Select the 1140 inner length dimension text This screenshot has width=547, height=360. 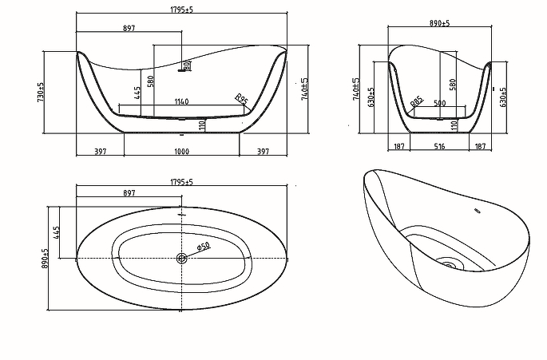pos(181,101)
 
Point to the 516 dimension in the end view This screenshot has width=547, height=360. pos(439,147)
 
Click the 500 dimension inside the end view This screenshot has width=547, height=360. pos(439,103)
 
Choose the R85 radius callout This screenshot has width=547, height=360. pos(416,101)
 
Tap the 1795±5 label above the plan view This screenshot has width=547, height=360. pos(182,183)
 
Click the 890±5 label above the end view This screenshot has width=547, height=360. pos(439,23)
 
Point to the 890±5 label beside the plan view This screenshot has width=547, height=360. pos(46,257)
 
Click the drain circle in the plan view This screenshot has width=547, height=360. pos(181,258)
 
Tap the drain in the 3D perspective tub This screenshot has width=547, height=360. pos(449,265)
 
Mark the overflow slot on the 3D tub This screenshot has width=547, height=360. pos(477,212)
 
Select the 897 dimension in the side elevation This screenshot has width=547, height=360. pos(129,29)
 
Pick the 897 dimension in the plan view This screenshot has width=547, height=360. pos(129,194)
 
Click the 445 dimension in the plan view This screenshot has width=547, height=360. pos(58,232)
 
